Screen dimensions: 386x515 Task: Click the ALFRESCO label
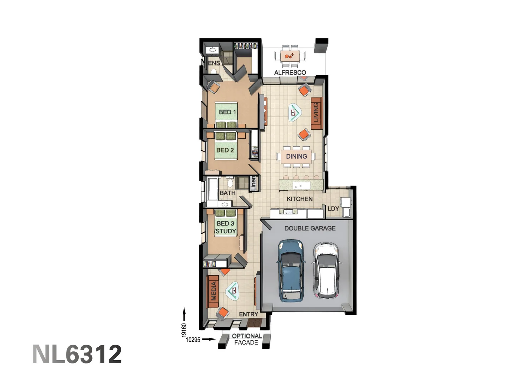click(x=290, y=73)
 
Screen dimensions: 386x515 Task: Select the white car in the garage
click(x=326, y=270)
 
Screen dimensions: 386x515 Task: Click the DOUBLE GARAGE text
click(x=310, y=228)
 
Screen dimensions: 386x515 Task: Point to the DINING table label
click(x=296, y=156)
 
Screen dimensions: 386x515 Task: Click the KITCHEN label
click(x=300, y=199)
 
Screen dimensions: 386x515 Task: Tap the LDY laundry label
click(x=333, y=209)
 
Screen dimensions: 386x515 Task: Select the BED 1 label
click(x=227, y=112)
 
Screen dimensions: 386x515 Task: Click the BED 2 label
click(x=225, y=150)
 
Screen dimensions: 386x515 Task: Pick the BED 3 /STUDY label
click(x=225, y=227)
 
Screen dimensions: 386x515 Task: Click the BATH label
click(x=227, y=193)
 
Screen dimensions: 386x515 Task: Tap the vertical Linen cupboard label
click(x=253, y=183)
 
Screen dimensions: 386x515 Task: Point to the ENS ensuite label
click(x=214, y=63)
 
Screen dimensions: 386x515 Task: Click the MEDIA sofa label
click(x=214, y=291)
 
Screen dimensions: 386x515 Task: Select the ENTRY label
click(x=249, y=314)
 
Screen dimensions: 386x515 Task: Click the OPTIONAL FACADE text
click(x=246, y=339)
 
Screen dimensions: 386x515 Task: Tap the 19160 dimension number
click(x=184, y=330)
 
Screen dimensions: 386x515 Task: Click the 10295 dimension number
click(x=193, y=340)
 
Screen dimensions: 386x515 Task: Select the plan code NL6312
click(x=77, y=354)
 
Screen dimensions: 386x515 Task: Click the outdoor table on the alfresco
click(x=290, y=56)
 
